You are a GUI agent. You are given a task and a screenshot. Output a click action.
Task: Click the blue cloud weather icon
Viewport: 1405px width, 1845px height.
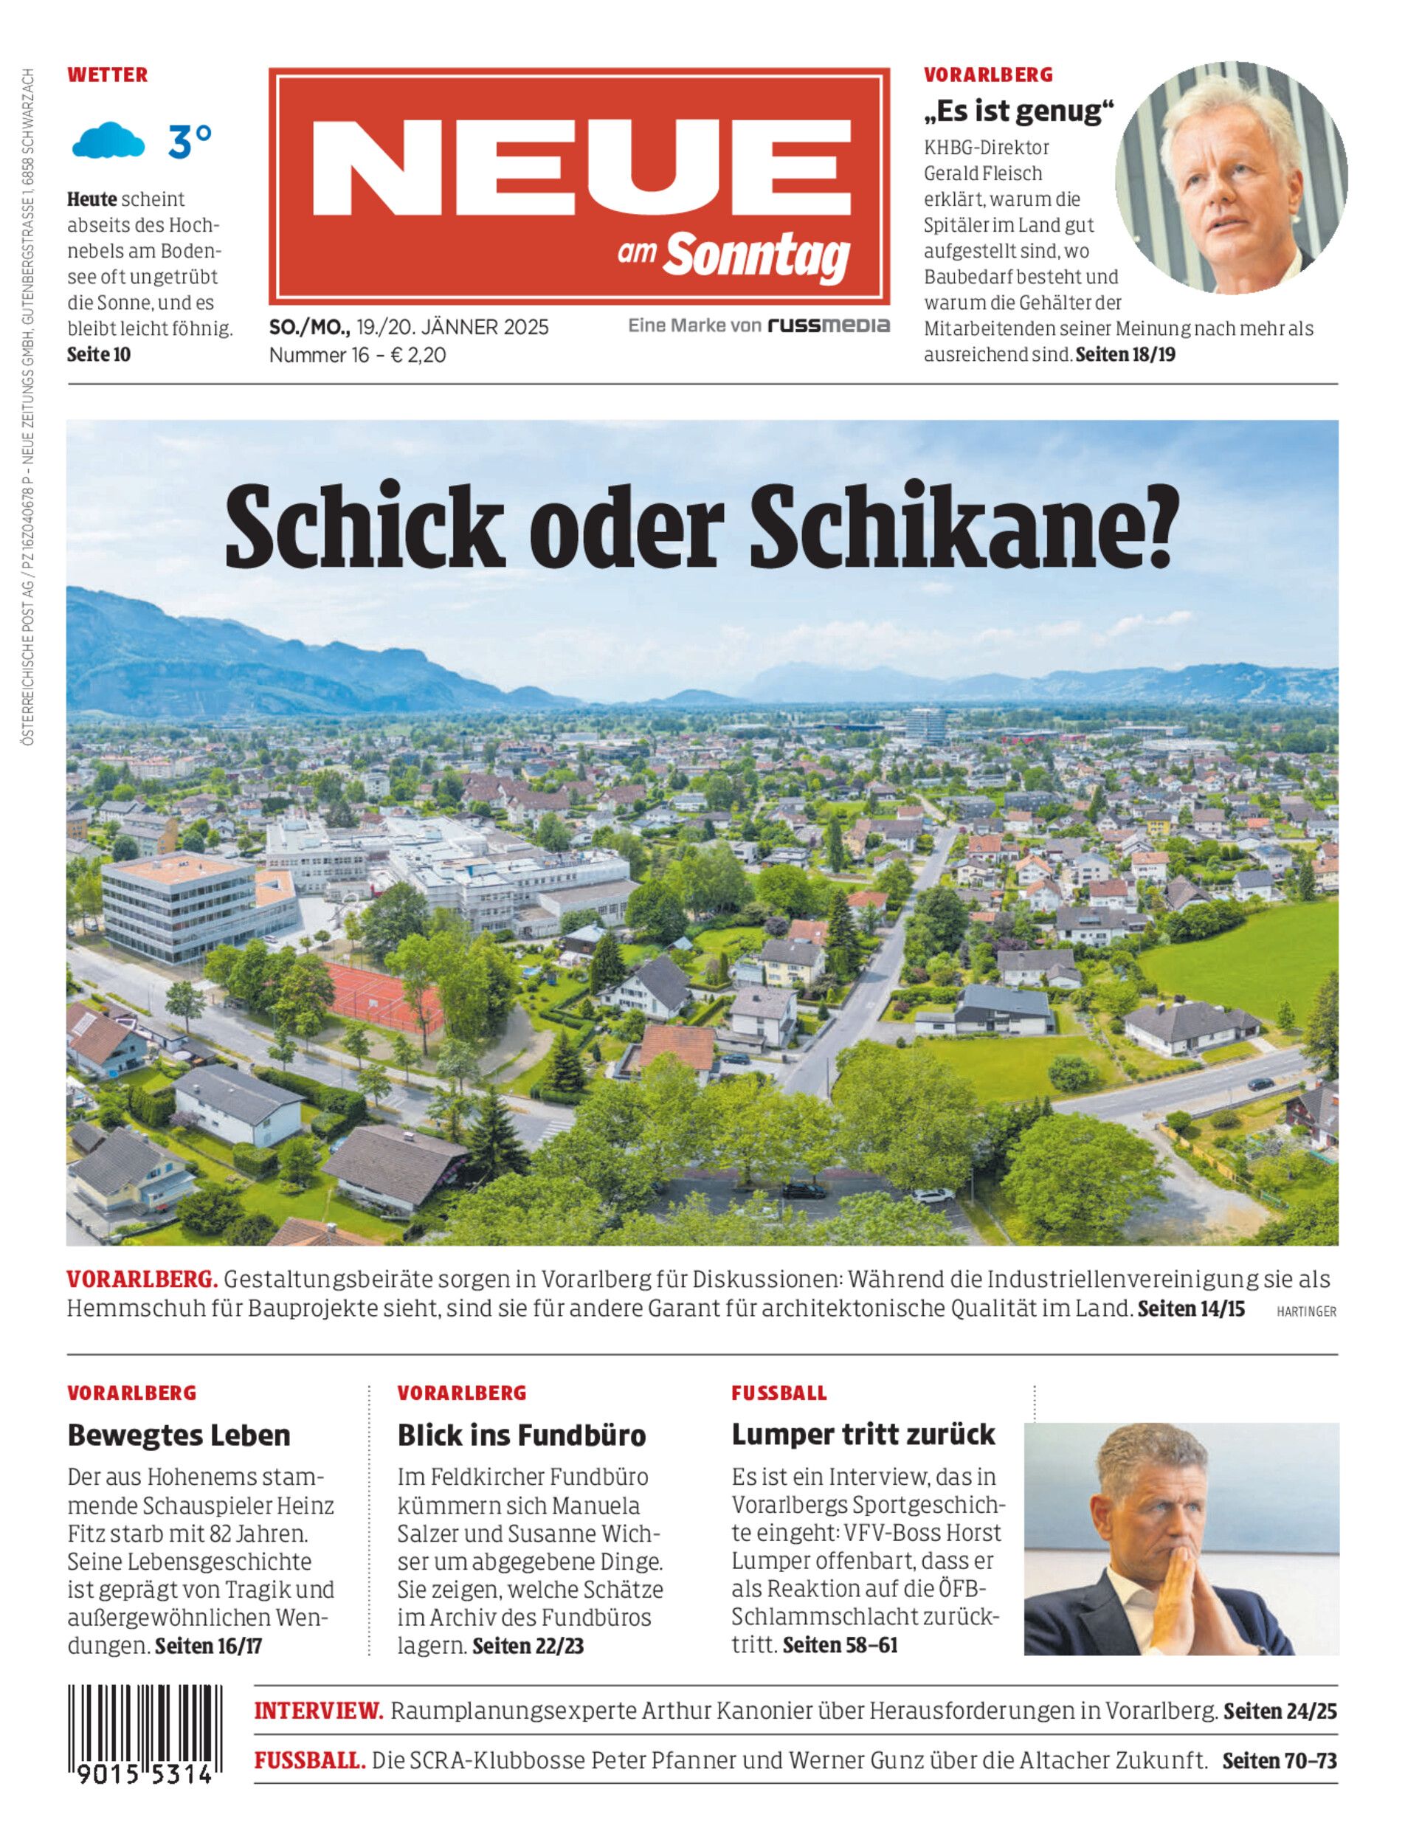tap(108, 140)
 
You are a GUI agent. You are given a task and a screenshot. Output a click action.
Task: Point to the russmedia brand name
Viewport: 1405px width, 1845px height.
tap(829, 325)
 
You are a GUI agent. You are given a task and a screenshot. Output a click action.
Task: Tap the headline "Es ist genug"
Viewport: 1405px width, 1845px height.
tap(1020, 111)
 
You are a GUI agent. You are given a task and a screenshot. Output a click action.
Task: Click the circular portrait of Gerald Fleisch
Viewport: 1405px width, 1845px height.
tap(1231, 177)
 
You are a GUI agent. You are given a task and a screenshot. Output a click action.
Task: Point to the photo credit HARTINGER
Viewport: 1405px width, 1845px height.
tap(1306, 1312)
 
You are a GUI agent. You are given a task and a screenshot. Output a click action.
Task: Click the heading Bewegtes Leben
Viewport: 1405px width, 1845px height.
tap(179, 1435)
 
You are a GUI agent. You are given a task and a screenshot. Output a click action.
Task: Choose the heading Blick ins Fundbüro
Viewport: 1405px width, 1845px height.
tap(522, 1435)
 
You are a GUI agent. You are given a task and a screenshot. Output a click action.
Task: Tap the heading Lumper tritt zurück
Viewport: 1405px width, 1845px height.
tap(863, 1435)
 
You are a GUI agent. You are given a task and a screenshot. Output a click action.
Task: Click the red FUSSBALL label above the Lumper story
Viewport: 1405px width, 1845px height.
tap(779, 1393)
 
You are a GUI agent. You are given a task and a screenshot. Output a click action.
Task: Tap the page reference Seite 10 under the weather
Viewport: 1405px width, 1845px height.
tap(99, 355)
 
